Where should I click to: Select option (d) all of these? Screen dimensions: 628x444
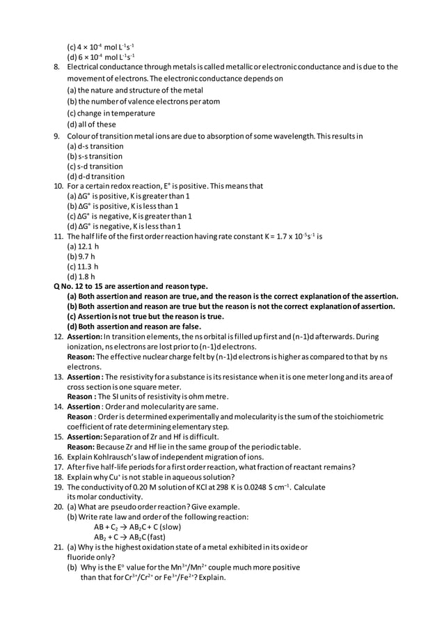coord(91,125)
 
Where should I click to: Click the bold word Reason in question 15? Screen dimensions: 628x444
coord(81,447)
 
